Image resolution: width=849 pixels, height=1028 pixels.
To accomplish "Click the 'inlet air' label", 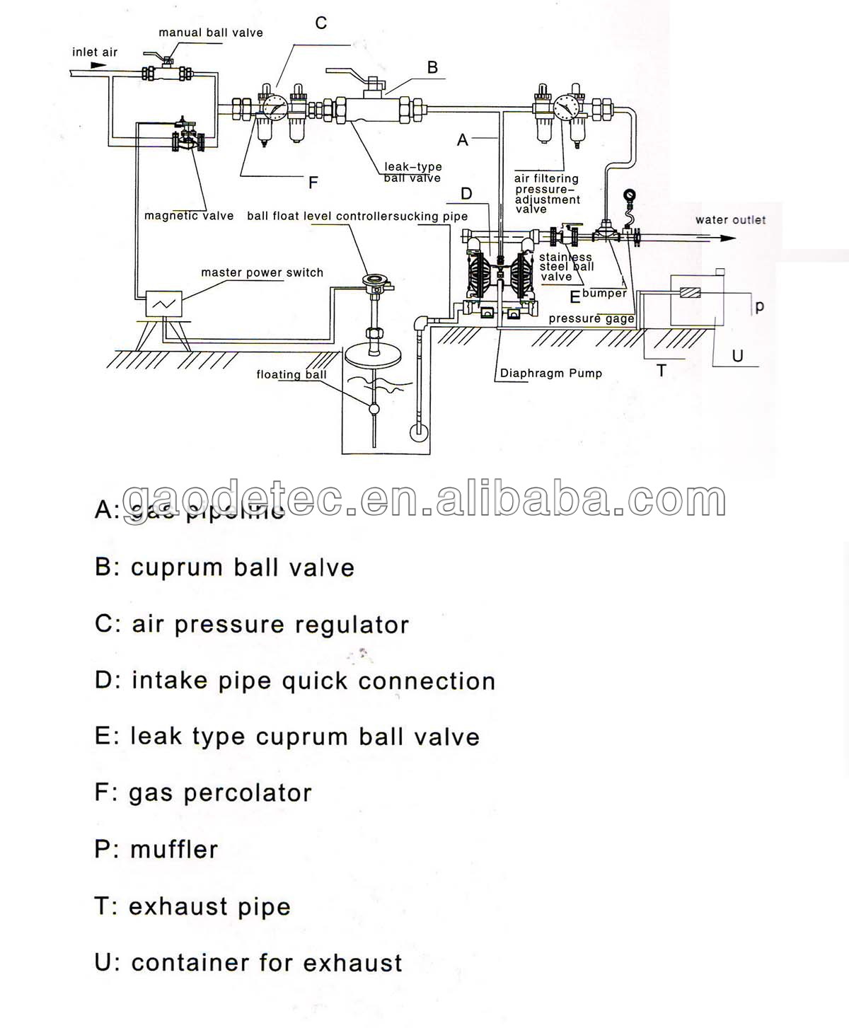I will tap(95, 52).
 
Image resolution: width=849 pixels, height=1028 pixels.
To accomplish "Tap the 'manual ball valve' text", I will tap(210, 33).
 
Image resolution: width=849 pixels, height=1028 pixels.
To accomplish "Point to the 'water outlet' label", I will tap(730, 220).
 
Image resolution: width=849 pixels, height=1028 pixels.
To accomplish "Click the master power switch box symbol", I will tap(163, 304).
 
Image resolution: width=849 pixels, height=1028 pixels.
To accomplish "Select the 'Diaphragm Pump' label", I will tap(550, 374).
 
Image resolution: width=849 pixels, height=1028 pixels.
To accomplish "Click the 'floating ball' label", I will tap(291, 375).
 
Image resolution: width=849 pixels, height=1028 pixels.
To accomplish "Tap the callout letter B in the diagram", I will tap(432, 68).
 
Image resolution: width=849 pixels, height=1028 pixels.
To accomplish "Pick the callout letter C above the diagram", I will tap(321, 23).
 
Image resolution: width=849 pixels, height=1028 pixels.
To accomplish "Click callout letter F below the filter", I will tap(313, 183).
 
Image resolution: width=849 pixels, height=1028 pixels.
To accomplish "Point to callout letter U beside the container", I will tap(737, 356).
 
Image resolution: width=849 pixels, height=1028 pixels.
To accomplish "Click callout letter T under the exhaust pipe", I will tap(662, 371).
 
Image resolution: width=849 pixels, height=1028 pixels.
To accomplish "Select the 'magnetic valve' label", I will tap(189, 216).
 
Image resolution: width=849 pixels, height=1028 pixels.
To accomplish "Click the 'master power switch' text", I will tap(262, 272).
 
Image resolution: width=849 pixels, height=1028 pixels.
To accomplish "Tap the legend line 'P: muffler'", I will tap(156, 849).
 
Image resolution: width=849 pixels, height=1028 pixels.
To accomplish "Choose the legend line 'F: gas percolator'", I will tap(203, 793).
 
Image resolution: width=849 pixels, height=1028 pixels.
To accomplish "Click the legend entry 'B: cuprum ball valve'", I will tap(224, 567).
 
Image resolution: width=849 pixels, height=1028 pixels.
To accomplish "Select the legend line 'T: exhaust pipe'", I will tap(192, 906).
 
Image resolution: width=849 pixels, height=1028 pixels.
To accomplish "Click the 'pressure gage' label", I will tap(591, 319).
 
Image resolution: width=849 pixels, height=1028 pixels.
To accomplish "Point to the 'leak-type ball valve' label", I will tap(412, 172).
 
